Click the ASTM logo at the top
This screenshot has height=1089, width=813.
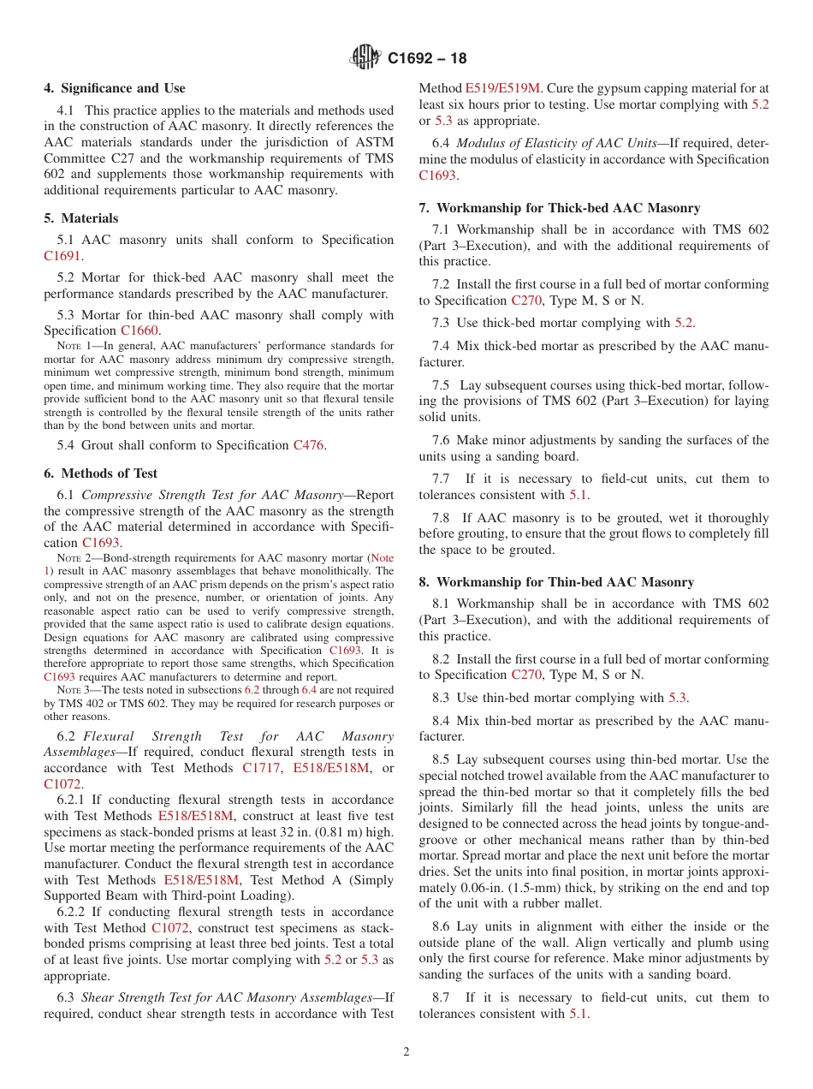pos(365,58)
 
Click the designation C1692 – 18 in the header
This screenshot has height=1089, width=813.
pos(427,59)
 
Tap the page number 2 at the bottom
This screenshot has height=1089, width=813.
pos(406,1052)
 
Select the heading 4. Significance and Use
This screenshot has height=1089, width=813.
pos(115,88)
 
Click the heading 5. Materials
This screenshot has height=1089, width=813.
pos(81,218)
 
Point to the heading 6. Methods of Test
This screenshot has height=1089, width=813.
pos(101,473)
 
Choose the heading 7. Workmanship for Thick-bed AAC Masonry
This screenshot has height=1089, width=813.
pos(560,208)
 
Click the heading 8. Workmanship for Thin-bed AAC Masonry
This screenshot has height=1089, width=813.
pos(556,582)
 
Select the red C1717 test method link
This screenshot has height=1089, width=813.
pos(261,768)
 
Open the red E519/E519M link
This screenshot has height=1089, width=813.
pos(503,88)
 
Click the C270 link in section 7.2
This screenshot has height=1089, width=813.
pos(526,301)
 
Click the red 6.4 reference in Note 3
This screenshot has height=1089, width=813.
pos(310,690)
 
